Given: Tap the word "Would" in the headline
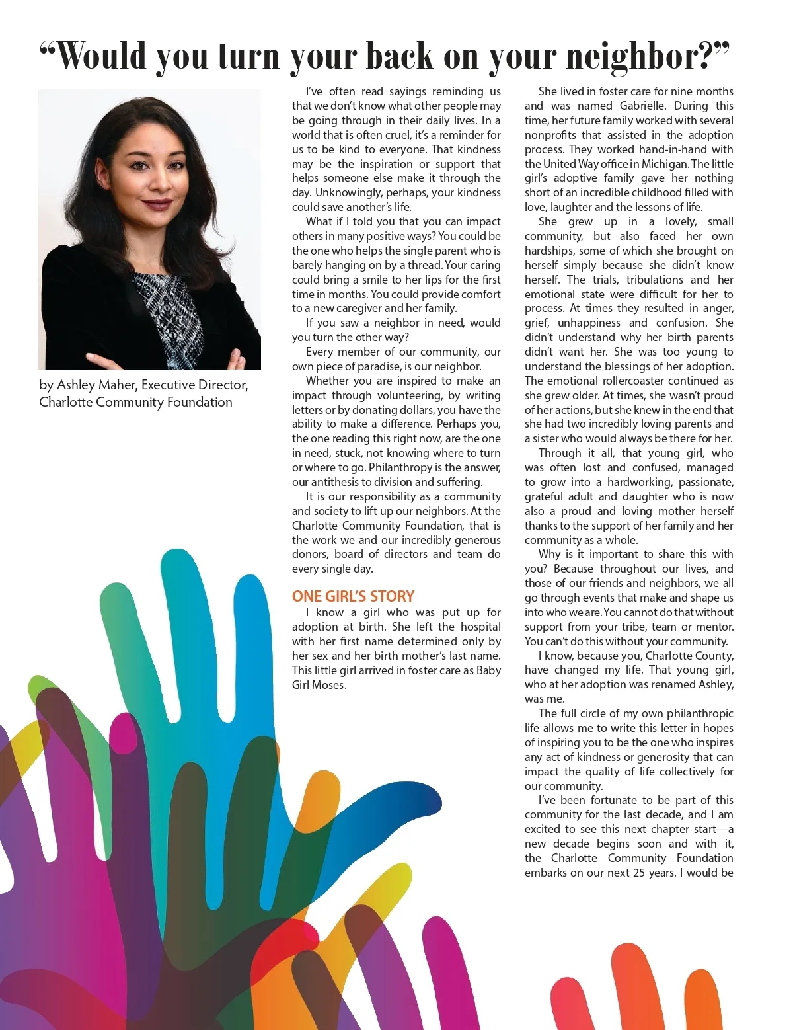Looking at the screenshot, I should pyautogui.click(x=102, y=56).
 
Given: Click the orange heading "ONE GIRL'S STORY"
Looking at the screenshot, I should pyautogui.click(x=353, y=596).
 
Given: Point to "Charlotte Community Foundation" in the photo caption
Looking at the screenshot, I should pyautogui.click(x=135, y=402).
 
